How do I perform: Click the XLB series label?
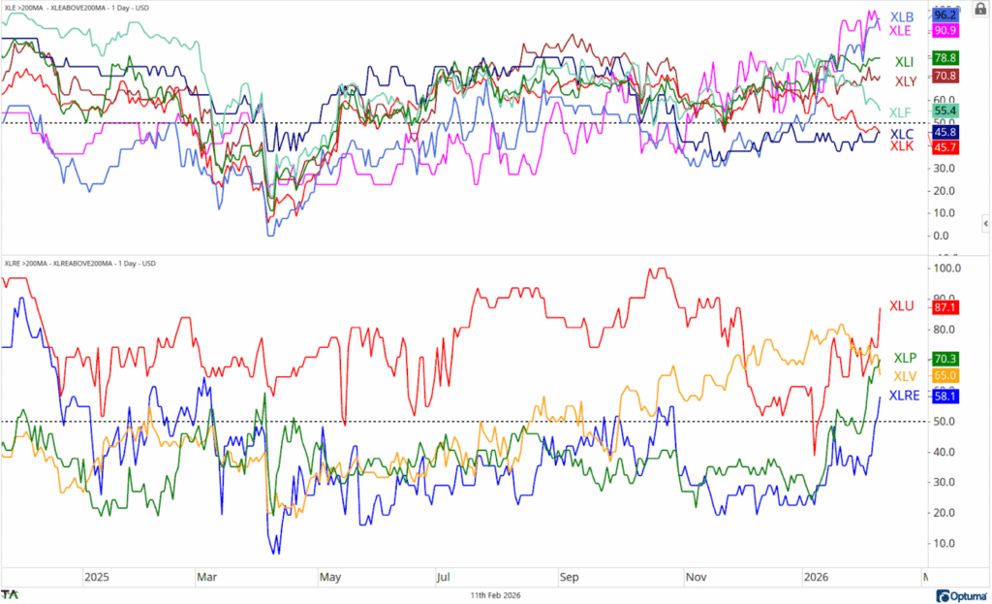[903, 16]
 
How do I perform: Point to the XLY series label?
[907, 80]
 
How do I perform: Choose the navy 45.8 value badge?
[945, 132]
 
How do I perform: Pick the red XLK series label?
[903, 146]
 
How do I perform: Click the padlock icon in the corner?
[977, 9]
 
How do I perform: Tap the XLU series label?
[903, 305]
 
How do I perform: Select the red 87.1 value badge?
[945, 306]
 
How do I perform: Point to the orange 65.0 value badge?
[945, 375]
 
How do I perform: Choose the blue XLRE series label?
[907, 397]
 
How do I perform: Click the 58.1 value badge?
[945, 397]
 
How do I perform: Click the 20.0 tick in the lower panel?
[945, 513]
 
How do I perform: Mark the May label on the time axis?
[330, 575]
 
